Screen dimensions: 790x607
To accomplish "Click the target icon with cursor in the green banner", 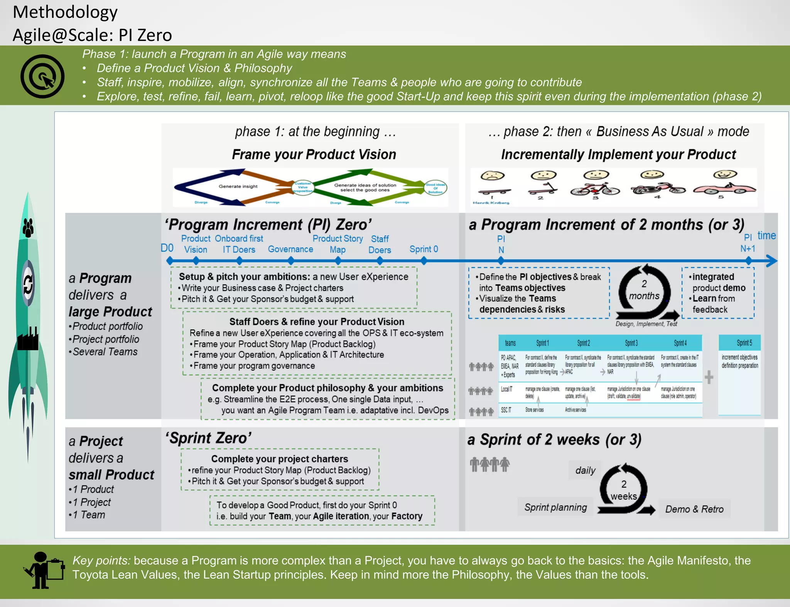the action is (x=42, y=76).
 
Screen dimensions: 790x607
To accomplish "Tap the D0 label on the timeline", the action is (x=167, y=248).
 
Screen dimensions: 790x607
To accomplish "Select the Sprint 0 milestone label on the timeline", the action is (x=424, y=249).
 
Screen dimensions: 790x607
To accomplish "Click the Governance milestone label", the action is (x=290, y=249).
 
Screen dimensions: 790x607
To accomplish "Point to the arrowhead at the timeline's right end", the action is (x=771, y=261).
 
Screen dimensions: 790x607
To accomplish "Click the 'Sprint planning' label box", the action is (x=555, y=508).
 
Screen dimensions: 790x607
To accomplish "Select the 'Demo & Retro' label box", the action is (x=694, y=509).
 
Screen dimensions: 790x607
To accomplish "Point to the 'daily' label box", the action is (x=585, y=470).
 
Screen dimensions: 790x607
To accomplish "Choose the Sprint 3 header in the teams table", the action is (x=631, y=343).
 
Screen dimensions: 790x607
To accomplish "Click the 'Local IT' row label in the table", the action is (x=506, y=389).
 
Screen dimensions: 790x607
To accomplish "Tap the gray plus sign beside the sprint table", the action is (x=709, y=377).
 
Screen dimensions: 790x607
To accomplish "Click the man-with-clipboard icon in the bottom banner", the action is (x=43, y=571).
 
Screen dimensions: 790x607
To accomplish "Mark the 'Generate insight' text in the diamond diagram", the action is (x=238, y=187).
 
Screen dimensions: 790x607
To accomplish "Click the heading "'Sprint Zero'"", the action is (x=208, y=438).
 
